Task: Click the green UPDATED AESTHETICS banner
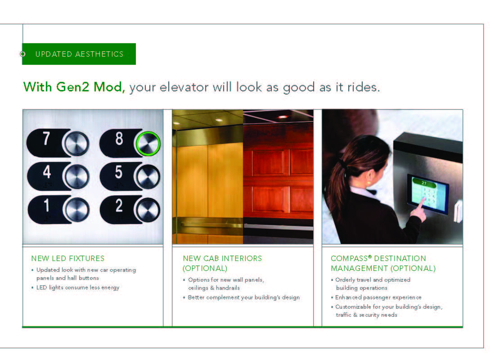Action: (79, 54)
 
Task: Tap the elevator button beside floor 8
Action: (148, 144)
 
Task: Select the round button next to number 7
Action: (76, 144)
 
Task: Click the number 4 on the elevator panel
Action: (47, 172)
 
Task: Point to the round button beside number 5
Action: (148, 176)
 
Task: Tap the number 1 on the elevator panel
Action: (47, 206)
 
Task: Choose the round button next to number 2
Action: (148, 210)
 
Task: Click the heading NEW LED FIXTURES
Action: (68, 258)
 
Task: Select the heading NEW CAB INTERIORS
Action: (222, 258)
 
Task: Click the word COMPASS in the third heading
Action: (349, 258)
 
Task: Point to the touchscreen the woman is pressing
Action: (428, 194)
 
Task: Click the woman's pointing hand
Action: (419, 210)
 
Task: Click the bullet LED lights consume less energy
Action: (78, 288)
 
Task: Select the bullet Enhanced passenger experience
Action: (378, 297)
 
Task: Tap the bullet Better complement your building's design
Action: (244, 297)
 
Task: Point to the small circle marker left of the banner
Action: (22, 54)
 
